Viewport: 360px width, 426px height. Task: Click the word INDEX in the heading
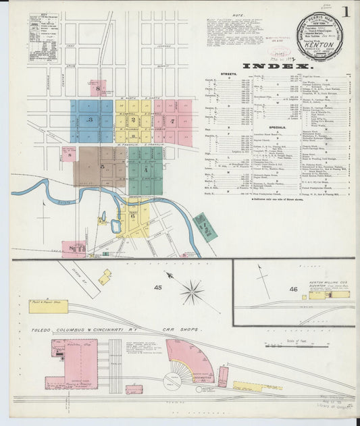[283, 67]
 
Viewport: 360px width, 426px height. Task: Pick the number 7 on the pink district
[174, 122]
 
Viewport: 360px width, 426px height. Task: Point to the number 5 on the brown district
[102, 165]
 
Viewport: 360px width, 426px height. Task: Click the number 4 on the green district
[145, 169]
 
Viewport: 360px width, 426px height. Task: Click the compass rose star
[192, 292]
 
